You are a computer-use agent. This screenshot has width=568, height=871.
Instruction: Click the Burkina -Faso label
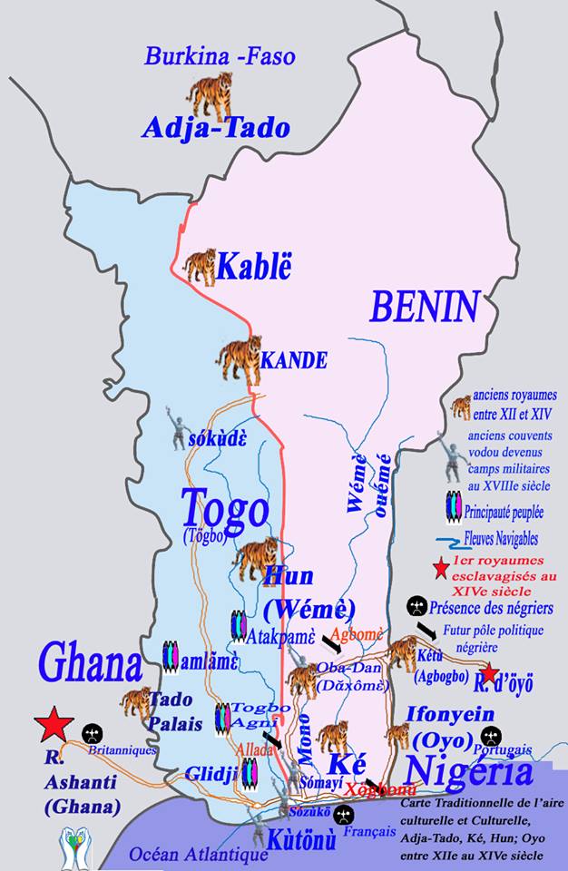[220, 57]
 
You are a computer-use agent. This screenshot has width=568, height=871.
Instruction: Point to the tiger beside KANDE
[238, 358]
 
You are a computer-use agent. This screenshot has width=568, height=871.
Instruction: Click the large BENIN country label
[423, 308]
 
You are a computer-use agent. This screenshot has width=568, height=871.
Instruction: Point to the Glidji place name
[211, 773]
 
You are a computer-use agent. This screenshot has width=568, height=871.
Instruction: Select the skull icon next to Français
[343, 814]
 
